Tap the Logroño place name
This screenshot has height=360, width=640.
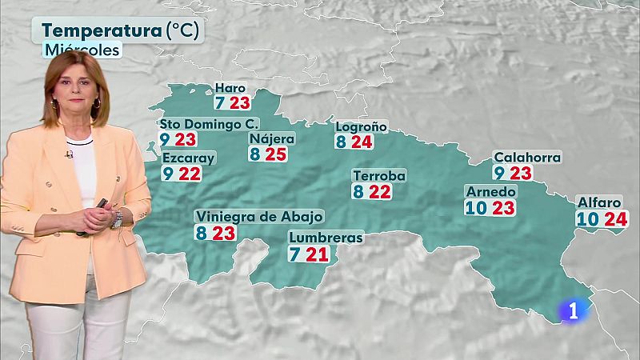[361, 126]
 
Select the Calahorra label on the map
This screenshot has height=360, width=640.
[526, 158]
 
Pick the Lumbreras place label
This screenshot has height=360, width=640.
[326, 238]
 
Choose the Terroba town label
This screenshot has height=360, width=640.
[380, 176]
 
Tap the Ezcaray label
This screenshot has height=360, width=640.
[188, 158]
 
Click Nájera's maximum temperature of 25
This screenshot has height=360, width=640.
[276, 154]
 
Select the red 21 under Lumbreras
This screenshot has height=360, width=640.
[321, 254]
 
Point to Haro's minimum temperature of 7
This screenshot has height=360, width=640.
[219, 103]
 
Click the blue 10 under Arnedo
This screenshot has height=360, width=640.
[474, 208]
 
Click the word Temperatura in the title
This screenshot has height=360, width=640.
[101, 31]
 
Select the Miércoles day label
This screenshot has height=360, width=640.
[82, 50]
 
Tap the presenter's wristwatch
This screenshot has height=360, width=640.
[118, 218]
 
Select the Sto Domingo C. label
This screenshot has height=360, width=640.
[198, 124]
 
